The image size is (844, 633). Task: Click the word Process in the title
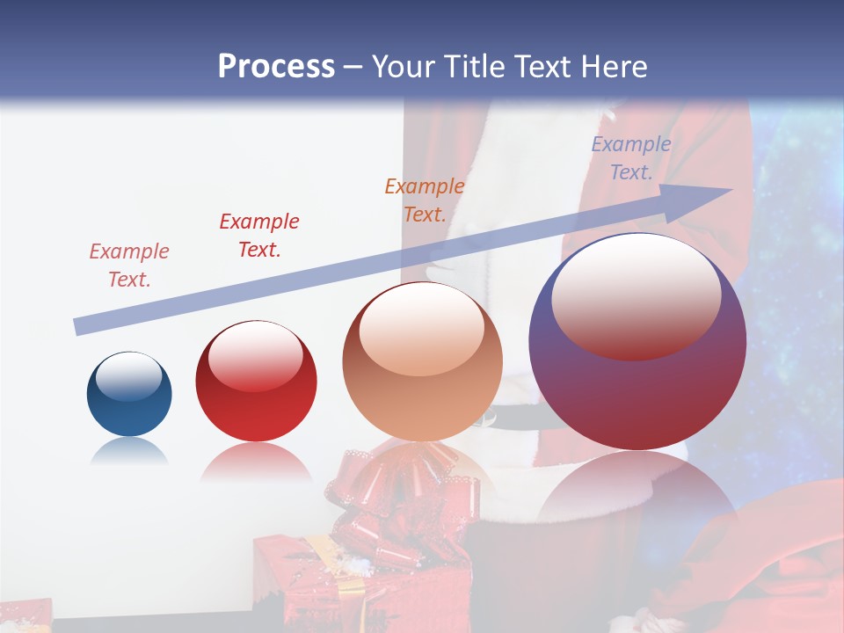pyautogui.click(x=276, y=67)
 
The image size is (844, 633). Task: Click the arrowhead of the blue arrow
pyautogui.click(x=703, y=200)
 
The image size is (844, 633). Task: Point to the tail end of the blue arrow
pyautogui.click(x=79, y=326)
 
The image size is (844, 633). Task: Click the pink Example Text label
pyautogui.click(x=128, y=265)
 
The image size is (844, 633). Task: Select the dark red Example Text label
pyautogui.click(x=258, y=235)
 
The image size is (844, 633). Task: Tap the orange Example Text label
pyautogui.click(x=424, y=200)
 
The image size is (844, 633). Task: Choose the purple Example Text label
pyautogui.click(x=630, y=158)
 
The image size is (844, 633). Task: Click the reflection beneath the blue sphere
pyautogui.click(x=129, y=451)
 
